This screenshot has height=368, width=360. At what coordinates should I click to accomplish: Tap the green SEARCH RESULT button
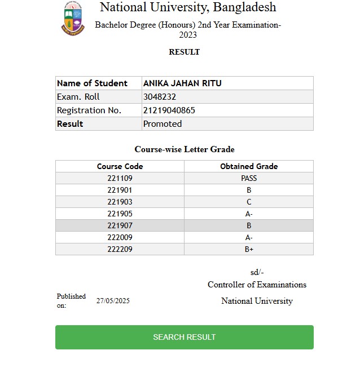(184, 337)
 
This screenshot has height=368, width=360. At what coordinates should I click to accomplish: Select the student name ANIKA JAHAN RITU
(182, 83)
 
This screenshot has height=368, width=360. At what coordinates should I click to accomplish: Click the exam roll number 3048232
(160, 97)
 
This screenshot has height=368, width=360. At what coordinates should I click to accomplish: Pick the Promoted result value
(163, 124)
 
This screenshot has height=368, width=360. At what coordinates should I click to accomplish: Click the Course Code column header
(120, 166)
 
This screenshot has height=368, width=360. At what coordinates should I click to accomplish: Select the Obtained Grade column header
(249, 166)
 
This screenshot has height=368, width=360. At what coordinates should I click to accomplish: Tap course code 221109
(120, 178)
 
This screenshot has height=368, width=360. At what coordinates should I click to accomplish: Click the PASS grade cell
(249, 178)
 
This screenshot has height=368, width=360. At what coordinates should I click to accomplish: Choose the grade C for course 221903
(249, 202)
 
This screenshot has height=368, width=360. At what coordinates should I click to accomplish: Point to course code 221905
(120, 214)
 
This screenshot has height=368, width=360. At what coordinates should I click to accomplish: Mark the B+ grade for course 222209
(249, 249)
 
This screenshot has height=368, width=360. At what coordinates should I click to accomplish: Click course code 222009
(120, 237)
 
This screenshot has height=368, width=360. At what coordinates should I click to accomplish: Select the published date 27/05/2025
(113, 301)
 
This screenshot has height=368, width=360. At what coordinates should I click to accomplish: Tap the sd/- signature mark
(257, 272)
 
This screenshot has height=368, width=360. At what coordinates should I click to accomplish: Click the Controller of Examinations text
(257, 285)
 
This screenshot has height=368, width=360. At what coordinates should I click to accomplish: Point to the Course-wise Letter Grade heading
(185, 149)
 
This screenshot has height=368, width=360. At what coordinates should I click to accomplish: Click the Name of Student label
(92, 83)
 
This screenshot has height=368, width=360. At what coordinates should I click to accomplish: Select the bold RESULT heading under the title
(184, 52)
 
